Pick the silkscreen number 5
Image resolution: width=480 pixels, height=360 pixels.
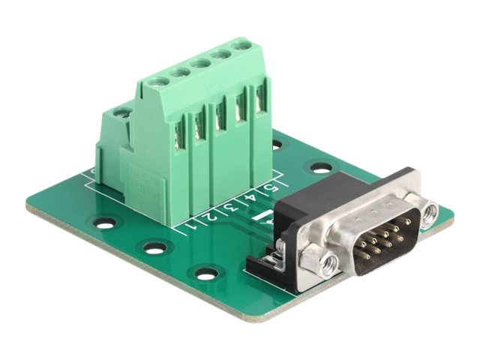point(268,187)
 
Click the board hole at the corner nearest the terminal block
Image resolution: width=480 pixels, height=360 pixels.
point(106,222)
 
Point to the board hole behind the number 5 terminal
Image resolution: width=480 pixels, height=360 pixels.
point(277,142)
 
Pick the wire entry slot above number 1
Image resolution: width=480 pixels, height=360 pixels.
point(181,135)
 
